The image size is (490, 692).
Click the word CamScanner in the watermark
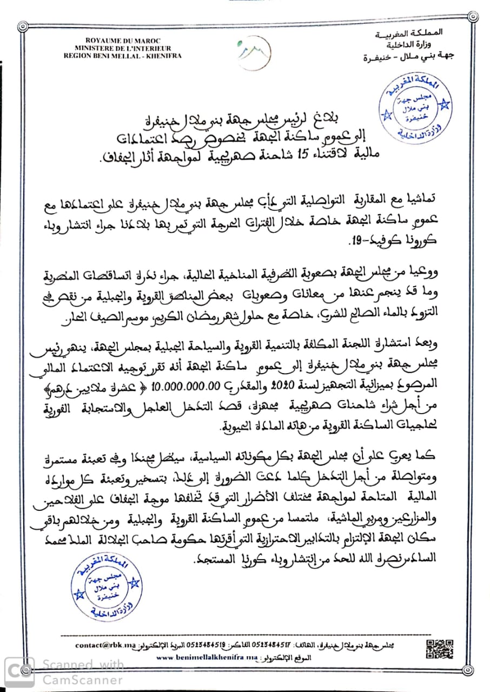coord(83,680)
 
